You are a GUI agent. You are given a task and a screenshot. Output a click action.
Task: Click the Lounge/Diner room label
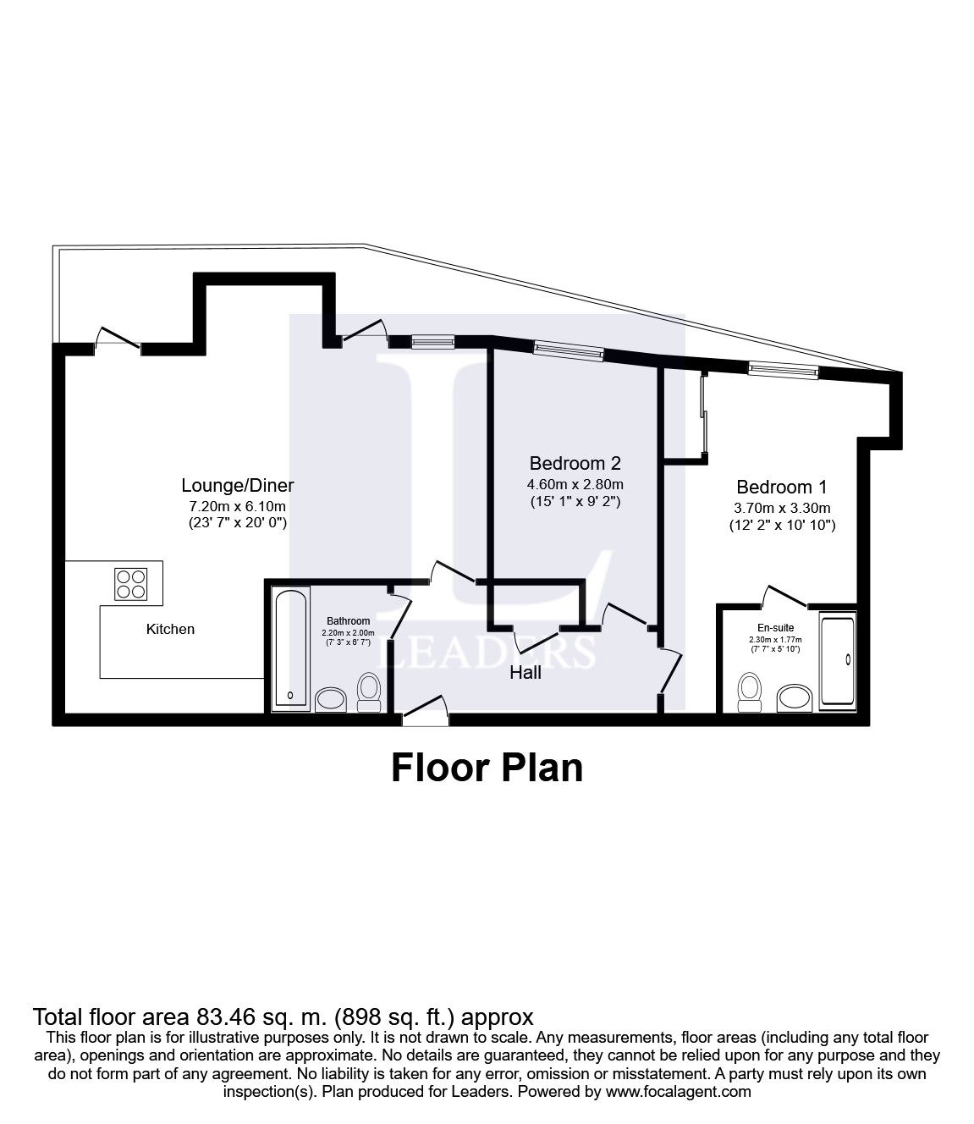[x=238, y=485]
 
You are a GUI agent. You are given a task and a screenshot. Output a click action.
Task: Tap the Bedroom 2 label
[x=575, y=463]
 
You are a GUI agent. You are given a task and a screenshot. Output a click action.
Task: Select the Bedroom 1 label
[x=781, y=487]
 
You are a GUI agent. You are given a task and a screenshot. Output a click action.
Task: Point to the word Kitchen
[x=170, y=629]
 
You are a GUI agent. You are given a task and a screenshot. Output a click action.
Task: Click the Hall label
[x=525, y=673]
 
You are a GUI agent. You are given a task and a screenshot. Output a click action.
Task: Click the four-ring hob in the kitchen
[x=130, y=582]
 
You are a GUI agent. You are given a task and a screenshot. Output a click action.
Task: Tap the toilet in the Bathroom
[x=369, y=690]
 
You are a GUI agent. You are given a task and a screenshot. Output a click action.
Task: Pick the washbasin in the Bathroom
[x=331, y=699]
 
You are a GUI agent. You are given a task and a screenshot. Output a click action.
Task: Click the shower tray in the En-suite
[x=838, y=661]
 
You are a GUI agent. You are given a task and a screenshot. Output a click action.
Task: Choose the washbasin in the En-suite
[x=795, y=697]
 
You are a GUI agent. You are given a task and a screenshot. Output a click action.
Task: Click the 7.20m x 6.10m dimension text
[x=237, y=506]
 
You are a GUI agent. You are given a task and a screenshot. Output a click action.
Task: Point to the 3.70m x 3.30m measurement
[x=782, y=509]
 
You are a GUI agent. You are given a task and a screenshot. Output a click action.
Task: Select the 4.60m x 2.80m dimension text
[x=575, y=484]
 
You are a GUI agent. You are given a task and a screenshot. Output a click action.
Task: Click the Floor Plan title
[x=487, y=768]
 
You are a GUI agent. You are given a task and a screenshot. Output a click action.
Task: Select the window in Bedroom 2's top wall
[x=568, y=350]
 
